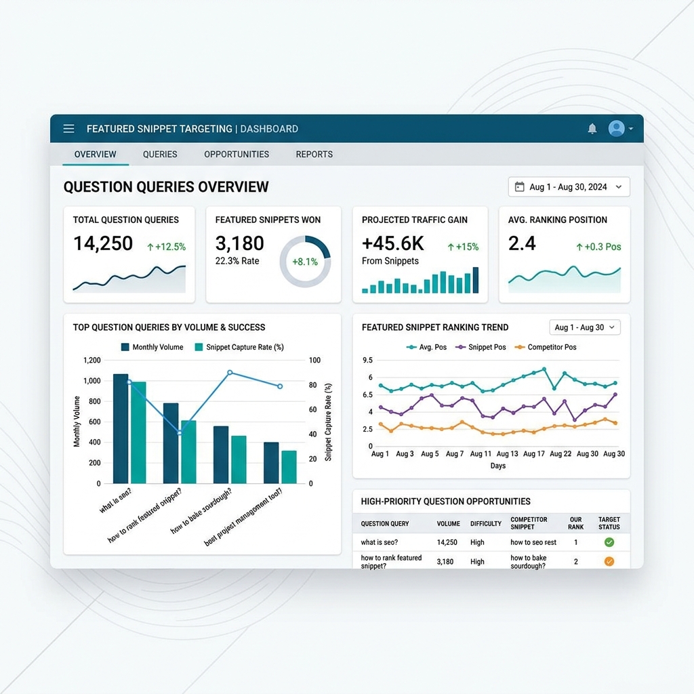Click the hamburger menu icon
tap(68, 129)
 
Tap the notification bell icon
tap(592, 128)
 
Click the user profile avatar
tap(616, 128)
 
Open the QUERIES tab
tap(160, 155)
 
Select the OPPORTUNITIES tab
tap(237, 155)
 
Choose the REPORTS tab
tap(314, 155)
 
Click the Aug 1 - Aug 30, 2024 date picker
tap(569, 187)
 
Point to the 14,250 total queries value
tap(103, 243)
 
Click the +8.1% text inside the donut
tap(305, 262)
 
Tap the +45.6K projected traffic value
tap(392, 243)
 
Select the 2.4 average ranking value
tap(522, 243)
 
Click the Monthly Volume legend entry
tap(152, 347)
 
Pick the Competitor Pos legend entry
tap(546, 347)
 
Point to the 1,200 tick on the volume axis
tap(91, 361)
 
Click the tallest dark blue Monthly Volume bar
tap(121, 429)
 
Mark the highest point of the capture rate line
tap(230, 373)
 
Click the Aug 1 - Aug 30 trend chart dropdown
tap(585, 327)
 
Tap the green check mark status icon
tap(609, 542)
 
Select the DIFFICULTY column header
tap(485, 524)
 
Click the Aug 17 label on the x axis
tap(534, 453)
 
